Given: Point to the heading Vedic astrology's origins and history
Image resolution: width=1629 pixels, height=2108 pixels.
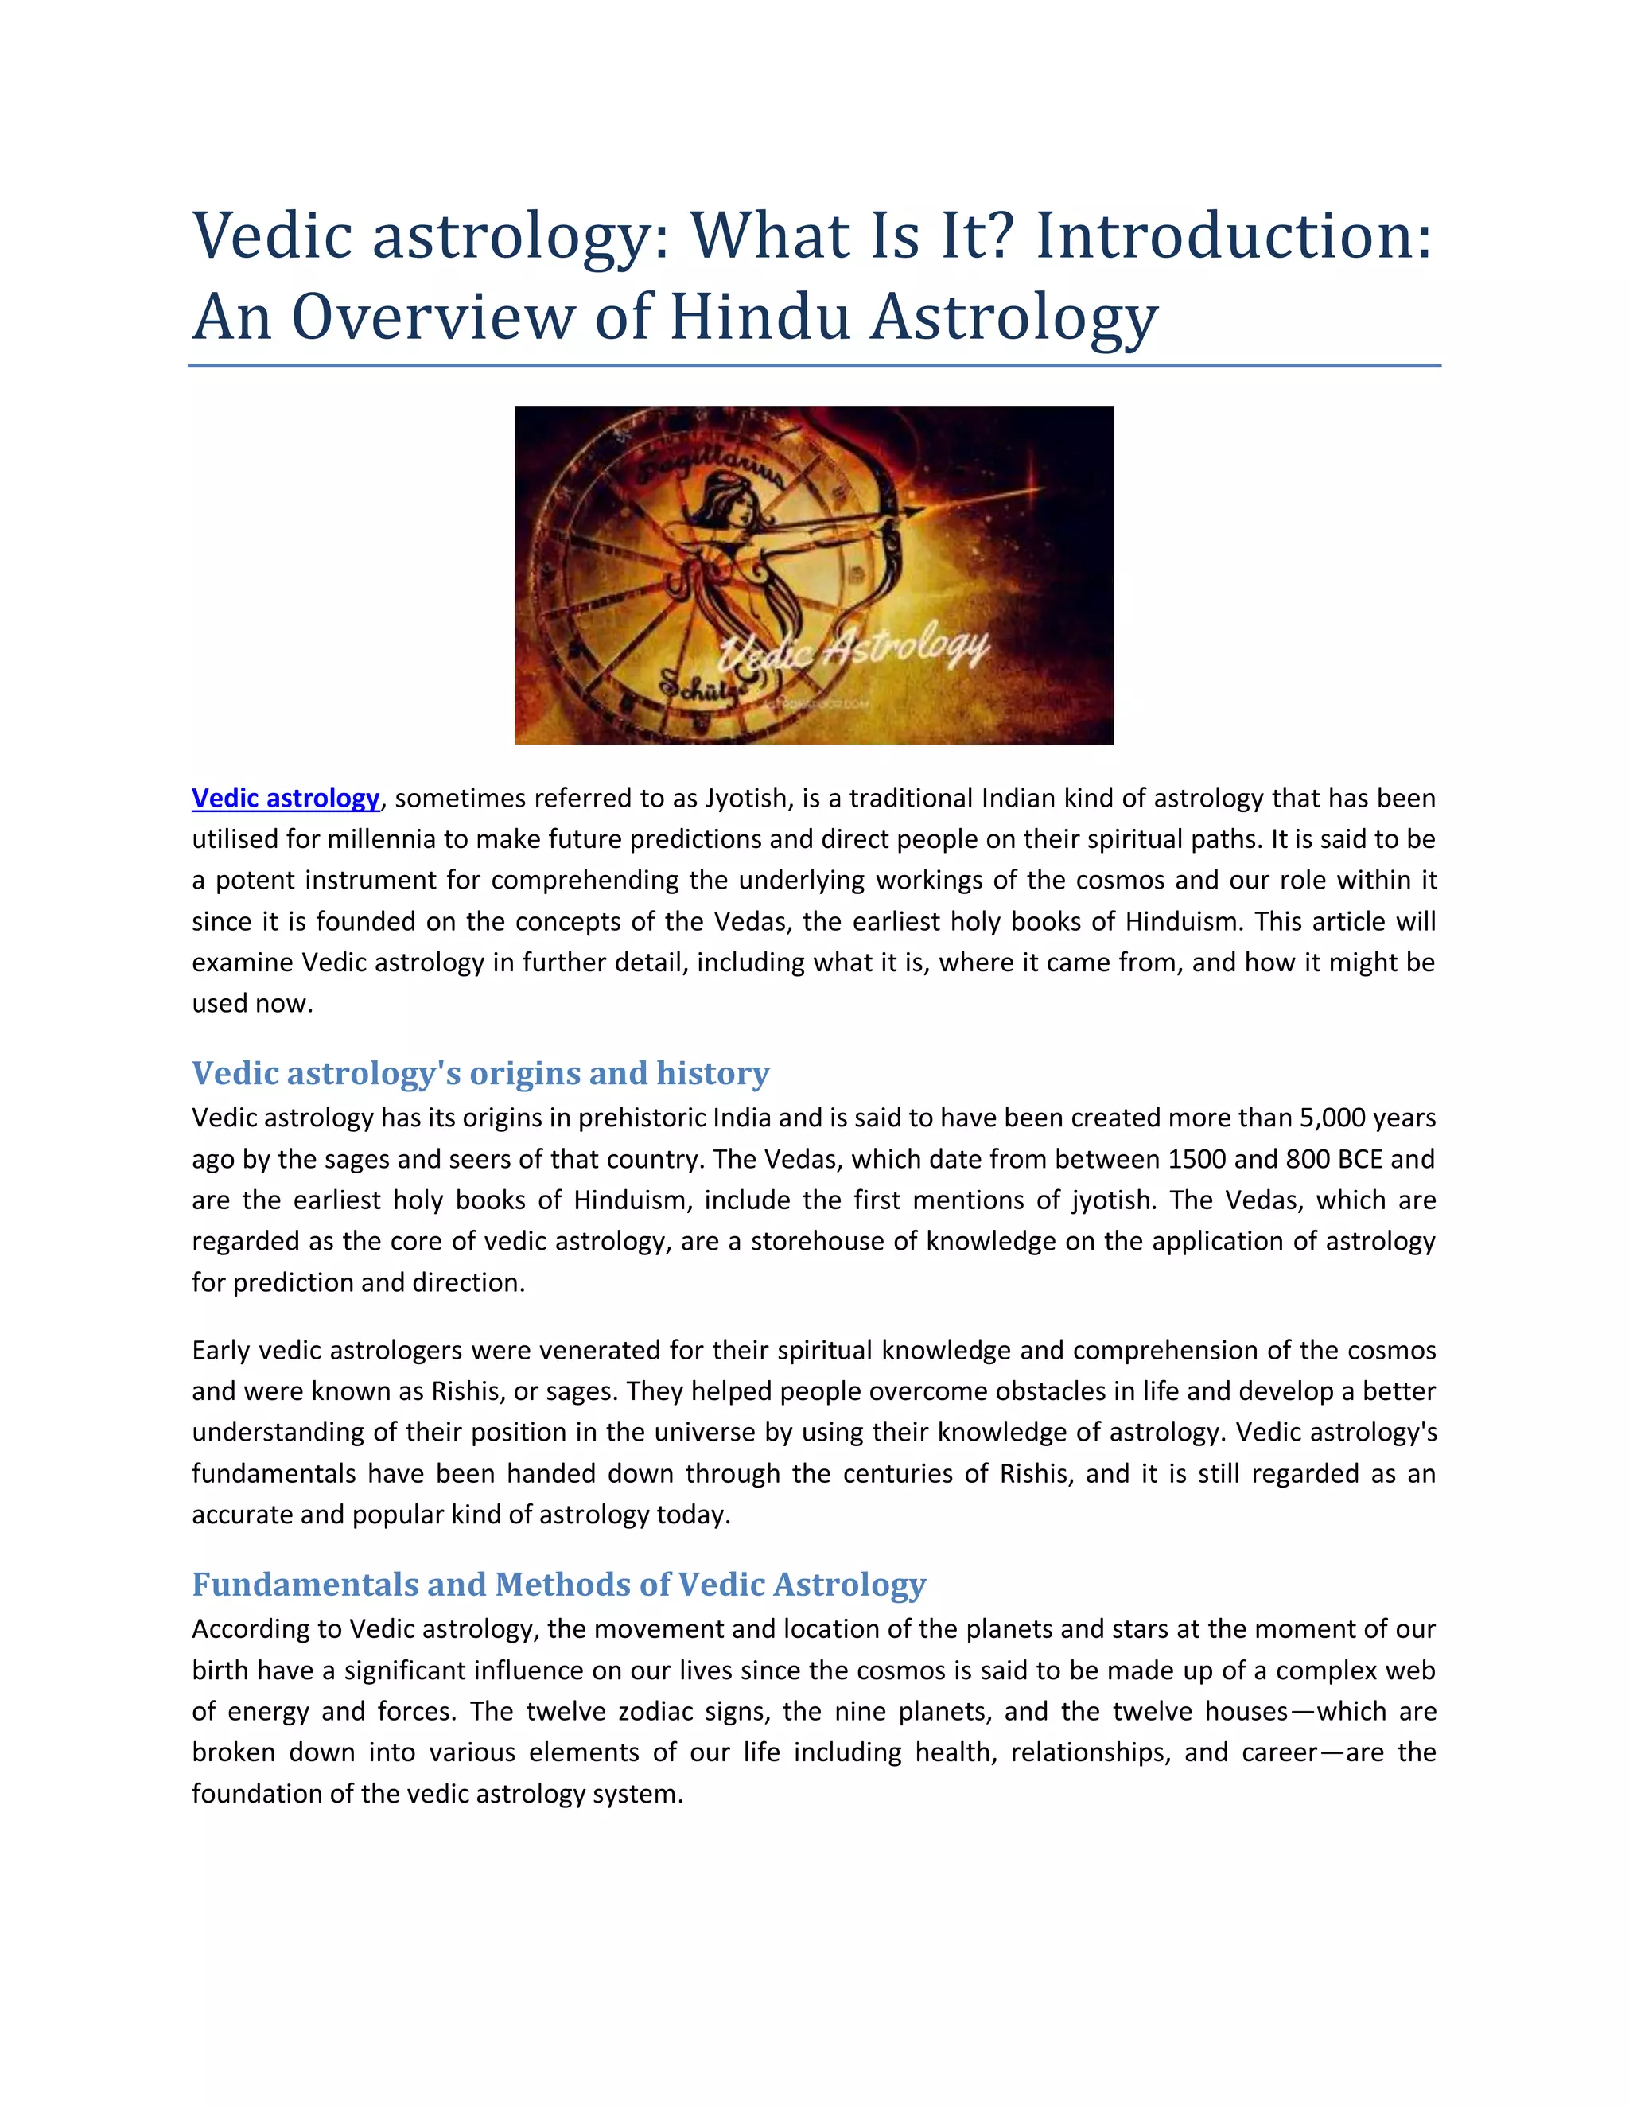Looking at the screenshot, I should pos(480,1072).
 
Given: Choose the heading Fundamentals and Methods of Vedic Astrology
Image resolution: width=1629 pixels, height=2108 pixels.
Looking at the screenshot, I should pos(558,1584).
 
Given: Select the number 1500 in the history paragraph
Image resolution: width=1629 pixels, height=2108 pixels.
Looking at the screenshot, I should pos(1198,1158).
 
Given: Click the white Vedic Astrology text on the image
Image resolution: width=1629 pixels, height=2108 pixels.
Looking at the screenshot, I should pos(855,656).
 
